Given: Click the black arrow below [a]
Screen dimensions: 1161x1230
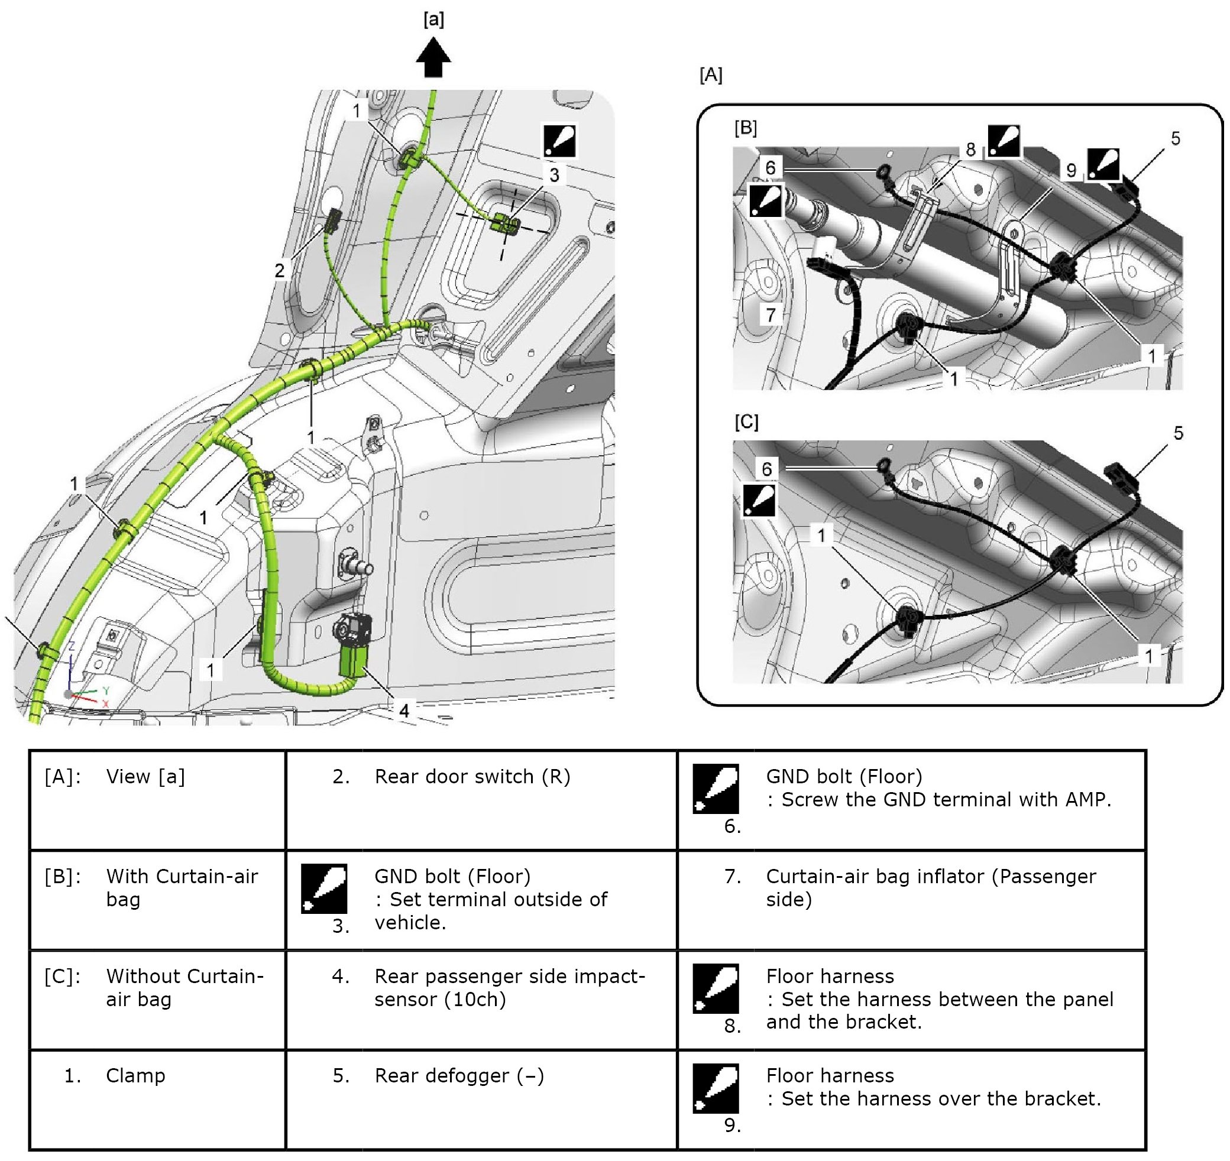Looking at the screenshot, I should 433,57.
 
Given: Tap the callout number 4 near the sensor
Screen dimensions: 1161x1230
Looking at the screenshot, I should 404,711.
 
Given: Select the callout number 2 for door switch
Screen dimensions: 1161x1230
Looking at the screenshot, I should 280,270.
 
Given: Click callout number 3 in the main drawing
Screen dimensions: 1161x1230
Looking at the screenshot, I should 555,175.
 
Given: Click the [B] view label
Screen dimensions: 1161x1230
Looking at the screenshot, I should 746,128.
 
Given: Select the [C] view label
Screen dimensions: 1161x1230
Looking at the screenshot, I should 746,422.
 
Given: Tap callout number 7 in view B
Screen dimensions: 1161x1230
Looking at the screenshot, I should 771,315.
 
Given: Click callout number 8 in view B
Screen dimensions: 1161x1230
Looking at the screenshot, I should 970,149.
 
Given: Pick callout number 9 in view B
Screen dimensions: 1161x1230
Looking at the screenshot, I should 1071,171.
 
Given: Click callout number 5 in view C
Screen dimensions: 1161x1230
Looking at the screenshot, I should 1179,433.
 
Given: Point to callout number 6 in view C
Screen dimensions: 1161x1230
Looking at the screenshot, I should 767,469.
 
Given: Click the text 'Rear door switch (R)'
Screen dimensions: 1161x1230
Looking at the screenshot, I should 472,777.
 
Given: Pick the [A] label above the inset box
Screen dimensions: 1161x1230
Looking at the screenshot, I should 711,75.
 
